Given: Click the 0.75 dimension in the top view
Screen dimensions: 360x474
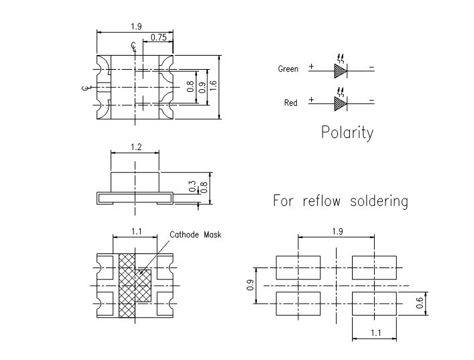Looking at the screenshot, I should point(158,38).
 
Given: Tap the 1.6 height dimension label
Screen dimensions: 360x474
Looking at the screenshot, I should point(213,86).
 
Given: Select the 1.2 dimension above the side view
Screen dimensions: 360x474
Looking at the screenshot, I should point(135,147).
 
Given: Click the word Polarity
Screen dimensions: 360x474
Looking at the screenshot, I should point(347,132).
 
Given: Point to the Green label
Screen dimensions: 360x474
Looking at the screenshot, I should point(288,69).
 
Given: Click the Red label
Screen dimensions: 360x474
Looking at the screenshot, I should point(291,103).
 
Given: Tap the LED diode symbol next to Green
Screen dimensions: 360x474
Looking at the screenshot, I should point(341,68).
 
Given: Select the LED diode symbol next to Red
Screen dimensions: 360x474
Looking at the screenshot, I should point(341,102).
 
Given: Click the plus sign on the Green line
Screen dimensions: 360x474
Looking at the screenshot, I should point(311,67).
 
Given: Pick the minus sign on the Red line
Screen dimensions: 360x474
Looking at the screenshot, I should point(371,101).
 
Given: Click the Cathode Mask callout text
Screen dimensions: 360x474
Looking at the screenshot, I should point(194,235).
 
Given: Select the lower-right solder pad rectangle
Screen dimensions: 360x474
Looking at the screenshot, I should point(374,303).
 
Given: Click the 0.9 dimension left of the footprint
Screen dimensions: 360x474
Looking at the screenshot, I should point(250,285).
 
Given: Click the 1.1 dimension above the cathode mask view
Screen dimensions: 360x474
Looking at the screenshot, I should point(136,231).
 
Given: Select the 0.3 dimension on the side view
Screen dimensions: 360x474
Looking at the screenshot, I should point(192,186).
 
